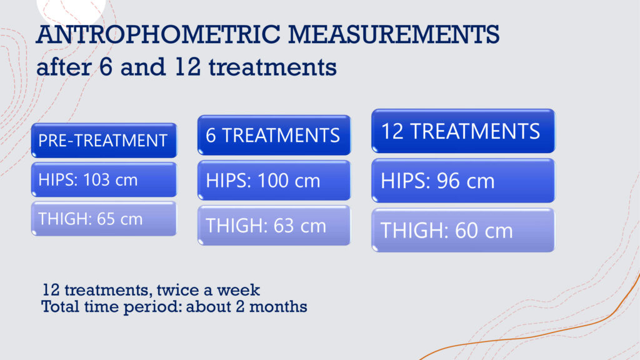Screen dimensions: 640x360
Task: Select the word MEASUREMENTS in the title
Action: point(394,34)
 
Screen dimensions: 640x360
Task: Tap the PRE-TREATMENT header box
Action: point(104,141)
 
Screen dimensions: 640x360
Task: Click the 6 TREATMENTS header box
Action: point(274,135)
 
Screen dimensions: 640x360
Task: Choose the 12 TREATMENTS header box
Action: point(463,131)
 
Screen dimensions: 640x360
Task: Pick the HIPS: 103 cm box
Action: point(104,179)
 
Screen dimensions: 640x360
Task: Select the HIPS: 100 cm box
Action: point(274,181)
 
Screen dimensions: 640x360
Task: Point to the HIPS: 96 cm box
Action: point(463,181)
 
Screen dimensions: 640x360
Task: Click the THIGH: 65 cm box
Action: point(104,219)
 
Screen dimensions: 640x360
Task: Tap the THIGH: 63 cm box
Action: point(274,225)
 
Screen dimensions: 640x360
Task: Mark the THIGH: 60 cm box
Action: point(463,230)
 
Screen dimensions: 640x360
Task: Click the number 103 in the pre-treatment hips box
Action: point(96,179)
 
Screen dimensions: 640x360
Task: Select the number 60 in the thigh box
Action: point(466,231)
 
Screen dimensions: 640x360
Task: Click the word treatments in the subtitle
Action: point(272,67)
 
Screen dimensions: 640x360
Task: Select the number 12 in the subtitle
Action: point(187,67)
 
